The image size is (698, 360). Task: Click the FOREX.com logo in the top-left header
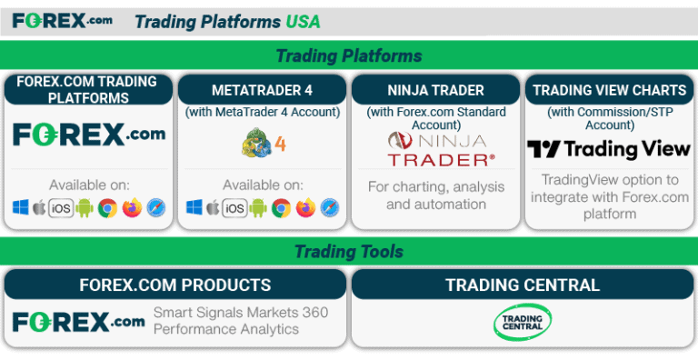[62, 19]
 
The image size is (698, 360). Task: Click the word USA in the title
[303, 21]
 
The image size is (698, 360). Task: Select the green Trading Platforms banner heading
[348, 55]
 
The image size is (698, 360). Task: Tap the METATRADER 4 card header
[262, 90]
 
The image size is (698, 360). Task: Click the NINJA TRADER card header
[435, 90]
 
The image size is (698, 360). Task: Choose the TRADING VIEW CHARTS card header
[609, 90]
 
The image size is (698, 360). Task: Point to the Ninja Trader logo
[435, 149]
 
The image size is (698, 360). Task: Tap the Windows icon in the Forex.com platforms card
[21, 208]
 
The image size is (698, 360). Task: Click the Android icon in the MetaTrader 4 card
[259, 208]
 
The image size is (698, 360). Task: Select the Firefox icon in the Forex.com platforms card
[132, 208]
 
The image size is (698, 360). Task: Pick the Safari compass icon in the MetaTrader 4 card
[329, 208]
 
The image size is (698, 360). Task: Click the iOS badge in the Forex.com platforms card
[61, 208]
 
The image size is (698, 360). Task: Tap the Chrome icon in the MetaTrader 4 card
[282, 208]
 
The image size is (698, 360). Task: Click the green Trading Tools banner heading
[348, 252]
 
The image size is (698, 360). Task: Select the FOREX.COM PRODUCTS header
[174, 285]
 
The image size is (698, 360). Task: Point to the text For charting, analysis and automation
[435, 195]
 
